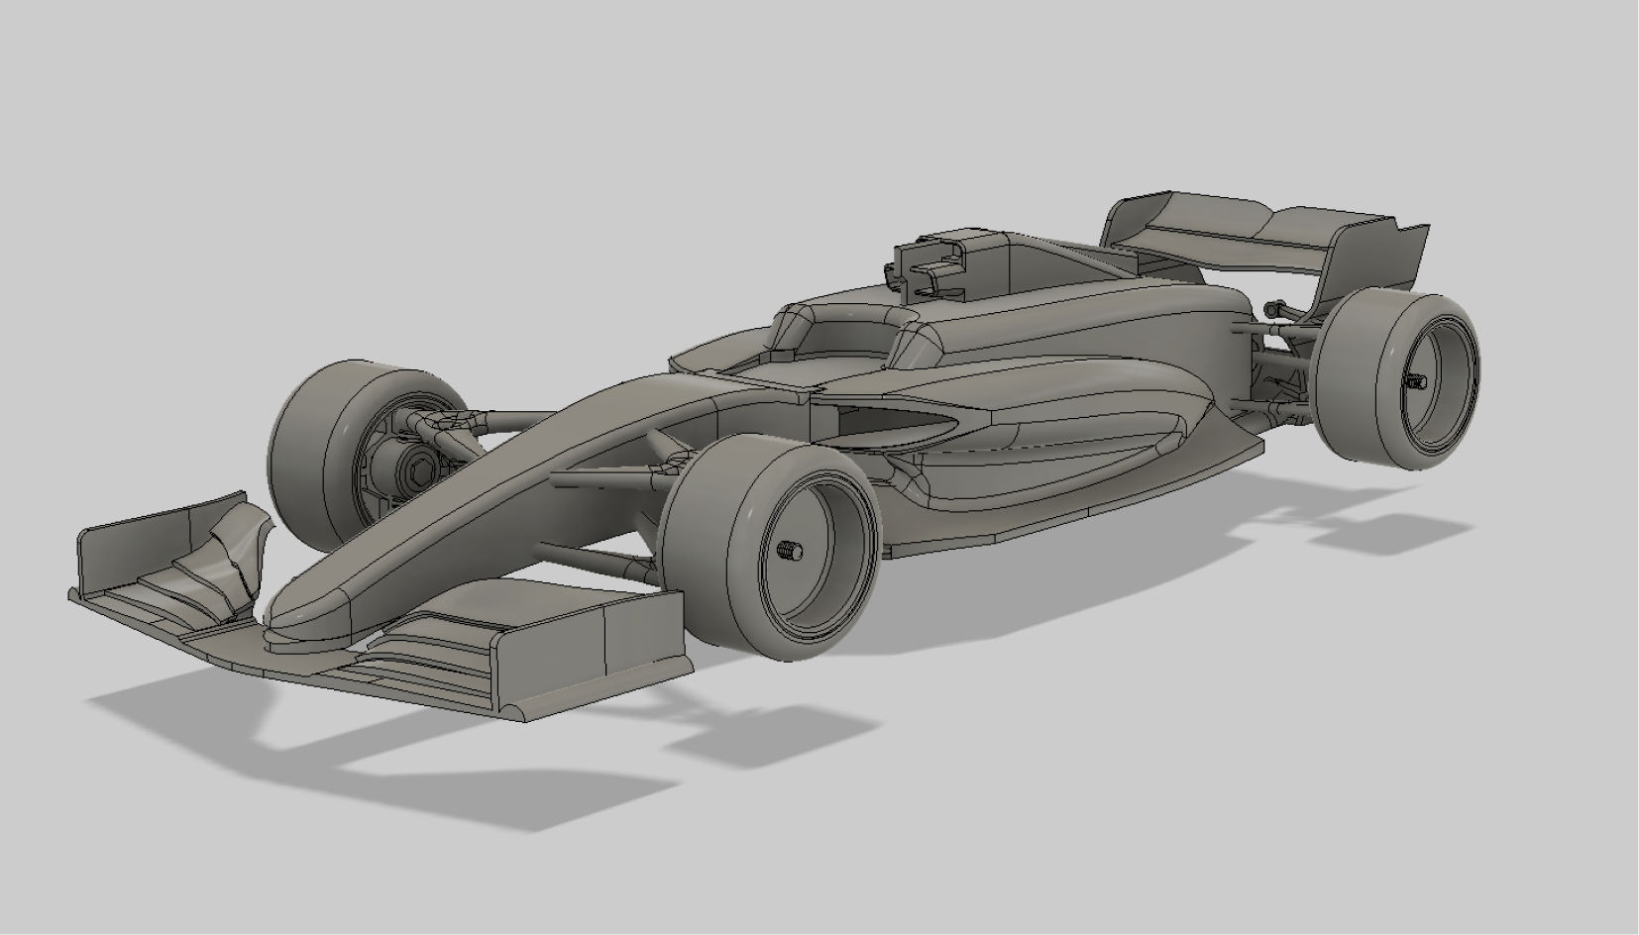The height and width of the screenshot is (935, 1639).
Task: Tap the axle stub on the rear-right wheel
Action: click(1416, 381)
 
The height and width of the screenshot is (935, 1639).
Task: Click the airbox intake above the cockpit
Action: click(931, 262)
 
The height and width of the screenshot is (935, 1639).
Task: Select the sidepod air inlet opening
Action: click(882, 424)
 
